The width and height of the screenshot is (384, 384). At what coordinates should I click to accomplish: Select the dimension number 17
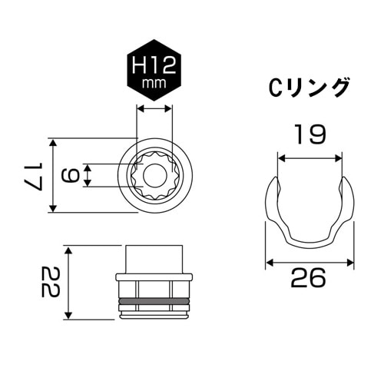click(x=31, y=175)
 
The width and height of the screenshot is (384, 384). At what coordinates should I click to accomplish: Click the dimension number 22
click(x=50, y=283)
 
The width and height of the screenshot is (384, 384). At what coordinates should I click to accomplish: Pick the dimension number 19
click(x=310, y=136)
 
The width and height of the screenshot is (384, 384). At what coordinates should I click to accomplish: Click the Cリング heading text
click(x=310, y=87)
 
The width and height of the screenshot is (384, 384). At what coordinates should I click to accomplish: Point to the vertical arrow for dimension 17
click(x=53, y=175)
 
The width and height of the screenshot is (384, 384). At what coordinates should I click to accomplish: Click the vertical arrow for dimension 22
click(x=68, y=283)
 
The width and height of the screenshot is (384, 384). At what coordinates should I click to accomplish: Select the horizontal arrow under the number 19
click(x=310, y=158)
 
